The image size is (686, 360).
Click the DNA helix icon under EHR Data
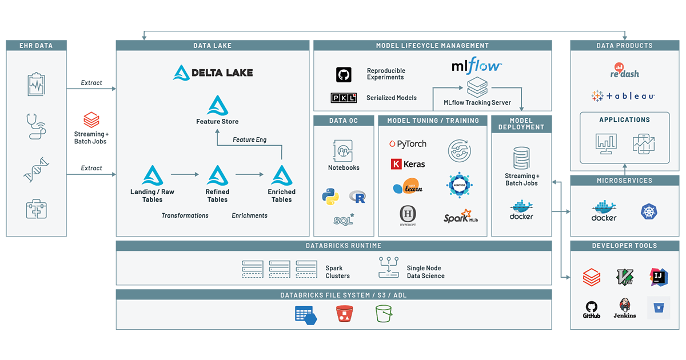coord(37,170)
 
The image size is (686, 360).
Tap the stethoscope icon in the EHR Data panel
coord(37,127)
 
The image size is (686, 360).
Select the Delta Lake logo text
coord(213,73)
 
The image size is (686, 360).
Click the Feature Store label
coord(217,122)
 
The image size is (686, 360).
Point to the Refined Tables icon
coord(217,174)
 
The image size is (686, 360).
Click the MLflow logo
coord(476,66)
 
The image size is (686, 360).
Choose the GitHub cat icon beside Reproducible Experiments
coord(344,74)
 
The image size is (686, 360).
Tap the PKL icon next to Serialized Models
coord(344,98)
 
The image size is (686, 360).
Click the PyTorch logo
coord(408,144)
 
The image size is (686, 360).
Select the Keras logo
coord(408,164)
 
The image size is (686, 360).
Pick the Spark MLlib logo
coord(461,217)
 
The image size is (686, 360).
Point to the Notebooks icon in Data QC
coord(344,150)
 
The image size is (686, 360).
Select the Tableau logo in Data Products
coord(624,97)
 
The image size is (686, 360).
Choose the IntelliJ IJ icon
coord(658,277)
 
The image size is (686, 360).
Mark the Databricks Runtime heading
coord(334,246)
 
